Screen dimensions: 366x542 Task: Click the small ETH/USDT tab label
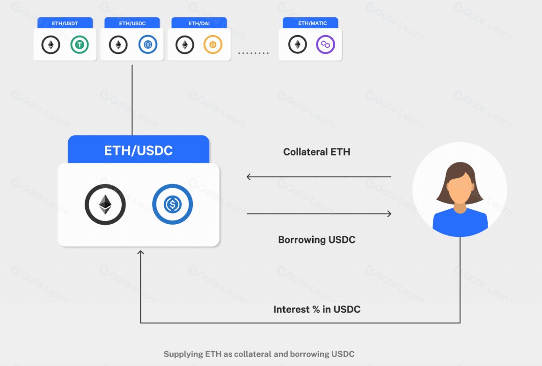[x=65, y=23]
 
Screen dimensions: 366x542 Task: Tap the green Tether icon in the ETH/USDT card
[x=80, y=45]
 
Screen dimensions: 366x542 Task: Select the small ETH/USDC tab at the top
[x=132, y=23]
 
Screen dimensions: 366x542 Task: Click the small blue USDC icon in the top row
[x=148, y=45]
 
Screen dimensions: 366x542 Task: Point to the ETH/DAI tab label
[x=199, y=23]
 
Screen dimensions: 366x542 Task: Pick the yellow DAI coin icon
[x=213, y=45]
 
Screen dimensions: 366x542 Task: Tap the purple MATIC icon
[x=326, y=45]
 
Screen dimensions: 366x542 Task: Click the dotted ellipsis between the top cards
[x=254, y=53]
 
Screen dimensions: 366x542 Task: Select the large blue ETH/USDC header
[x=139, y=150]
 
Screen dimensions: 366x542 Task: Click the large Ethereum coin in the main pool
[x=105, y=205]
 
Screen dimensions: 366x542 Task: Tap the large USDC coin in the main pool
[x=172, y=205]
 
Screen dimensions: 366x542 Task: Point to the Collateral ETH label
[x=317, y=152]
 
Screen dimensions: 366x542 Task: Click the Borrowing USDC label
[x=317, y=240]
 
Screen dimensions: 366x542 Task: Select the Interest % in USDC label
[x=317, y=309]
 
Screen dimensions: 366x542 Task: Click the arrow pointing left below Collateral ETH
[x=318, y=177]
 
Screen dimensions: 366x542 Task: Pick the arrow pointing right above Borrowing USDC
[x=318, y=214]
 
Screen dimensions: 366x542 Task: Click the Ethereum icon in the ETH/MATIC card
[x=298, y=45]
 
